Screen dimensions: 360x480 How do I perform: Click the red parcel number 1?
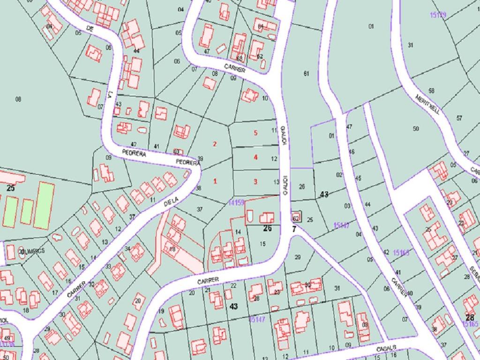215,181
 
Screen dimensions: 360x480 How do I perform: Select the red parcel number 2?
215,144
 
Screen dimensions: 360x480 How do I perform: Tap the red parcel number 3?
255,181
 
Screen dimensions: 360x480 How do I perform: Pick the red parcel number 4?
255,157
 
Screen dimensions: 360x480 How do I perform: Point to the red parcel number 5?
255,133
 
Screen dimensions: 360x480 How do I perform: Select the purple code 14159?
237,202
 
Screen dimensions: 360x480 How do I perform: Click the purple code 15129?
438,15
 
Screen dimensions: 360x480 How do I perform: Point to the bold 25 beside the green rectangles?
10,188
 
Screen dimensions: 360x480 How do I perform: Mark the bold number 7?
294,229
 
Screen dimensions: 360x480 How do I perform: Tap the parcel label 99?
233,78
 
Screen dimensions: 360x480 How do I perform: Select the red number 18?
172,249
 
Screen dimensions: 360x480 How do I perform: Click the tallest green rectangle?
44,206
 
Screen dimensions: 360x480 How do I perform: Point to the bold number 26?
267,229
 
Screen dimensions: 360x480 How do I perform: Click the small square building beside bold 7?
296,217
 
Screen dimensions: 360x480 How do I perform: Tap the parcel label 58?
431,90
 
